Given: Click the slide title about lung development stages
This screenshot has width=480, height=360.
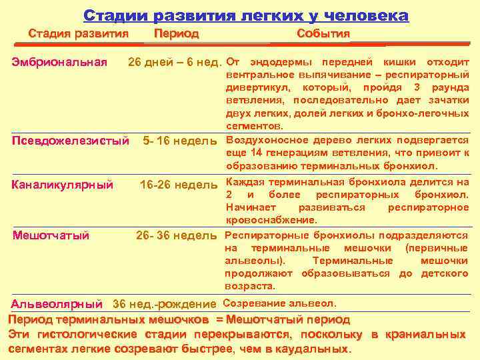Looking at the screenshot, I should click(x=246, y=15).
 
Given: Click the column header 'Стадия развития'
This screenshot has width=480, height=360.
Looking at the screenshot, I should click(x=78, y=33).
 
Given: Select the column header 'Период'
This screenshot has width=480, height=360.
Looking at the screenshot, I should click(x=176, y=33).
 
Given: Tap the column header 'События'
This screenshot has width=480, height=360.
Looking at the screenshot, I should click(x=323, y=34).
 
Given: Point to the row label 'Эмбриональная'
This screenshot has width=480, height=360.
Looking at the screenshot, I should click(x=60, y=63).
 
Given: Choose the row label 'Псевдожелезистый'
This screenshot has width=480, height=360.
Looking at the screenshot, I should click(x=71, y=141).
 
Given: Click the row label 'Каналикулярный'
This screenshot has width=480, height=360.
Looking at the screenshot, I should click(x=63, y=184).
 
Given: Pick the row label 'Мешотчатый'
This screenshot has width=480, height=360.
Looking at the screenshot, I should click(x=51, y=235).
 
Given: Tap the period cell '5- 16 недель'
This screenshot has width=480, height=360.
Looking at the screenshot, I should click(x=180, y=141).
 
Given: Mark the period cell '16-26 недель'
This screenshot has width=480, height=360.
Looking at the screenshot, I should click(x=179, y=184).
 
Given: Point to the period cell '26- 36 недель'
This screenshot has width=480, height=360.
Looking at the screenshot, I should click(x=177, y=235).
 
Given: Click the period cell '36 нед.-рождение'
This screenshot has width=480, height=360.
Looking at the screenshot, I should click(x=165, y=305).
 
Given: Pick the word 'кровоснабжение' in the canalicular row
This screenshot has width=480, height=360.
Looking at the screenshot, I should click(x=271, y=220).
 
